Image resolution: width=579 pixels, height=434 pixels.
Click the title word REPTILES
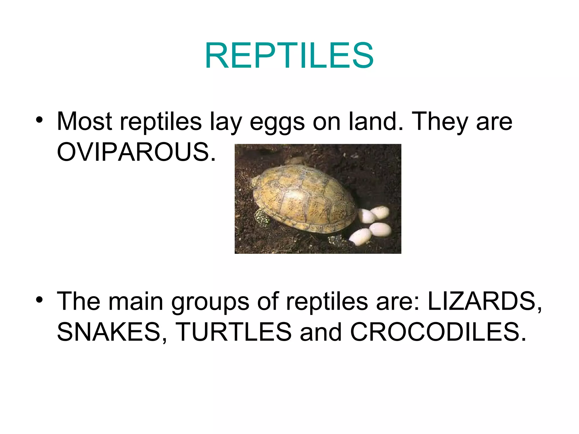coord(289,55)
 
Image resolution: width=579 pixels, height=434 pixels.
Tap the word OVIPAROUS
coord(136,152)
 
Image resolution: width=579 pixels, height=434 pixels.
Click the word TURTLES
coord(234,332)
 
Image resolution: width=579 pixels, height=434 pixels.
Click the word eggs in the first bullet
coord(277,122)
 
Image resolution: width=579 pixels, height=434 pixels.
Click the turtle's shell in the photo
coord(303,198)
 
